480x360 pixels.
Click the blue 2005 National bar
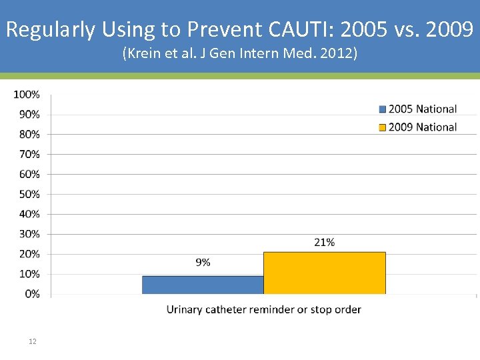(x=203, y=285)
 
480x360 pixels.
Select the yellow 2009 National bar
(x=324, y=273)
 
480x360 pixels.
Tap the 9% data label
(x=203, y=263)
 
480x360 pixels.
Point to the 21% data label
(x=324, y=243)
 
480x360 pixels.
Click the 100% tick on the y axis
(x=26, y=95)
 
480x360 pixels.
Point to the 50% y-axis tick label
(x=29, y=194)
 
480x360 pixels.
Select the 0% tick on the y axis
(x=31, y=294)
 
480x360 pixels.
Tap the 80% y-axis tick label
(x=29, y=134)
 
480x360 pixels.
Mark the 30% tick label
(x=29, y=234)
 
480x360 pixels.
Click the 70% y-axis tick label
(x=29, y=154)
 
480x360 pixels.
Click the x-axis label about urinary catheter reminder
(x=263, y=309)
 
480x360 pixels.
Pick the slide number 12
(x=33, y=341)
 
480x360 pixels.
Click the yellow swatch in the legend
(x=383, y=127)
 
